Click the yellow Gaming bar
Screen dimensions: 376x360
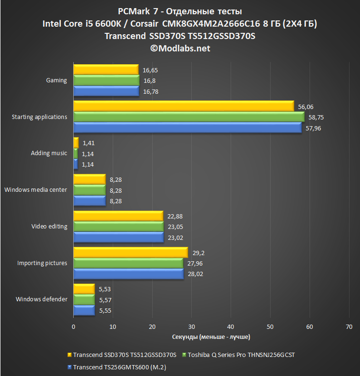pos(106,70)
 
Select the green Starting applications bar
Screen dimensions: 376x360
pos(188,117)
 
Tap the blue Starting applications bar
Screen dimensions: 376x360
pos(187,128)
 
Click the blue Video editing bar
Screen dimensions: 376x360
pos(118,237)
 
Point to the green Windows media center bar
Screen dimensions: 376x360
pos(89,190)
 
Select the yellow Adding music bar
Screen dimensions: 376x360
pos(76,142)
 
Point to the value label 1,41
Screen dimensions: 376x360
pos(88,142)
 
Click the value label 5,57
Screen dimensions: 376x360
pos(105,300)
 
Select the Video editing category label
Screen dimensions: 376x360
pos(49,226)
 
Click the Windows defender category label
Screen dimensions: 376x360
pos(41,299)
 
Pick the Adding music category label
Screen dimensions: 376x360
pos(49,153)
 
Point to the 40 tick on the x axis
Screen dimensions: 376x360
pos(231,327)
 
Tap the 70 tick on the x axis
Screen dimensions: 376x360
pos(349,327)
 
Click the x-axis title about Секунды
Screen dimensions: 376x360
pos(211,336)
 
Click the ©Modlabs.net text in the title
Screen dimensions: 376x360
pos(180,48)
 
